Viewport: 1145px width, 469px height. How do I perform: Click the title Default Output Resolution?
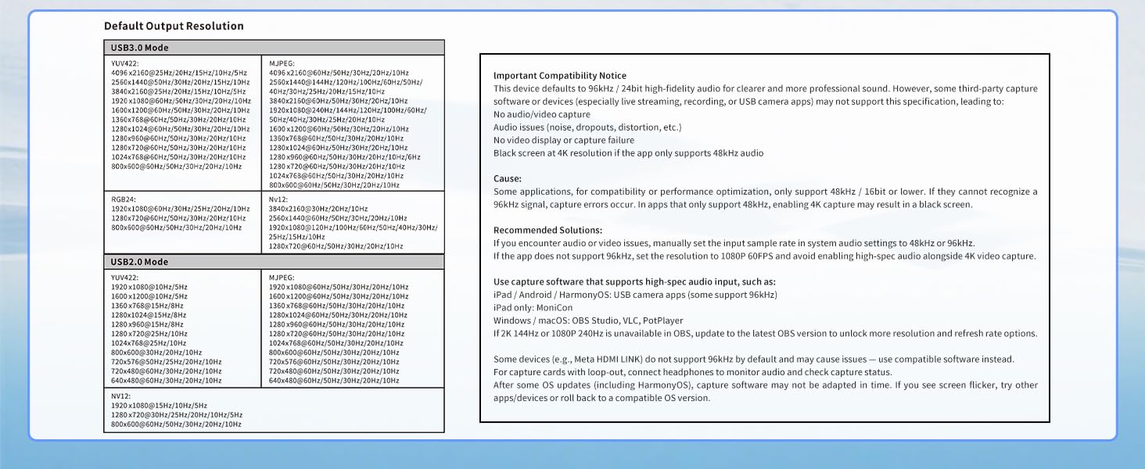tap(174, 26)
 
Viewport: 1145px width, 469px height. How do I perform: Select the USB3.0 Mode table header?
tap(139, 48)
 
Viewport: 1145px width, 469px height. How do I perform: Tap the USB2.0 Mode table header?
tap(139, 262)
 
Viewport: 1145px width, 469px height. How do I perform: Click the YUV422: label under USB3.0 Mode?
tap(125, 63)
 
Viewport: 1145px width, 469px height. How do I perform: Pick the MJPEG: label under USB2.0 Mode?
tap(282, 277)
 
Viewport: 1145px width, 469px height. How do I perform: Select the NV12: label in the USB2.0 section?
tap(120, 396)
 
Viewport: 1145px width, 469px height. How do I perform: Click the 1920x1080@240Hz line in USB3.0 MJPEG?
tap(348, 110)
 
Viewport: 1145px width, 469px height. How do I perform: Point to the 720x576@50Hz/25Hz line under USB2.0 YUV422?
tap(166, 362)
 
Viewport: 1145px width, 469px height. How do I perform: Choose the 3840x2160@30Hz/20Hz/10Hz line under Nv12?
tap(318, 209)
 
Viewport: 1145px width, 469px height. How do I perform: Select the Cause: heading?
tap(508, 179)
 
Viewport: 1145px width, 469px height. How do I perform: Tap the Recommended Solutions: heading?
tap(547, 231)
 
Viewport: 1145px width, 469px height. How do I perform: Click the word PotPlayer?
tap(662, 320)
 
